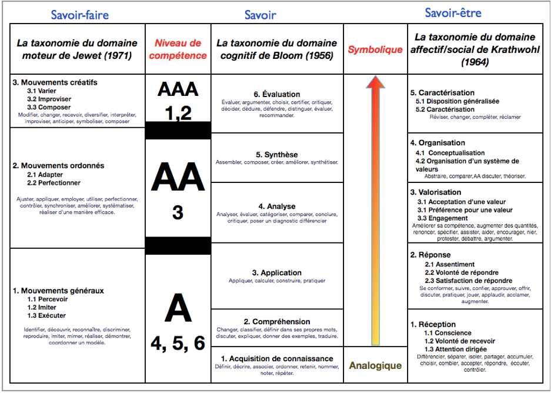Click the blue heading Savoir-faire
click(79, 15)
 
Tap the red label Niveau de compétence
click(178, 49)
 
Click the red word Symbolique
click(375, 49)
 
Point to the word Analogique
click(375, 365)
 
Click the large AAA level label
click(178, 89)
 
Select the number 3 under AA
click(178, 212)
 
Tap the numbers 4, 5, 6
click(178, 344)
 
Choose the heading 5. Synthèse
click(276, 155)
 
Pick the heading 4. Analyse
click(276, 207)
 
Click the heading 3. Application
click(276, 272)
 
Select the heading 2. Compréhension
click(277, 322)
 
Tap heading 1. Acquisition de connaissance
click(277, 358)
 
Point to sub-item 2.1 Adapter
click(45, 175)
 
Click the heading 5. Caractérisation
click(442, 92)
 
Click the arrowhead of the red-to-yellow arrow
click(376, 82)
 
